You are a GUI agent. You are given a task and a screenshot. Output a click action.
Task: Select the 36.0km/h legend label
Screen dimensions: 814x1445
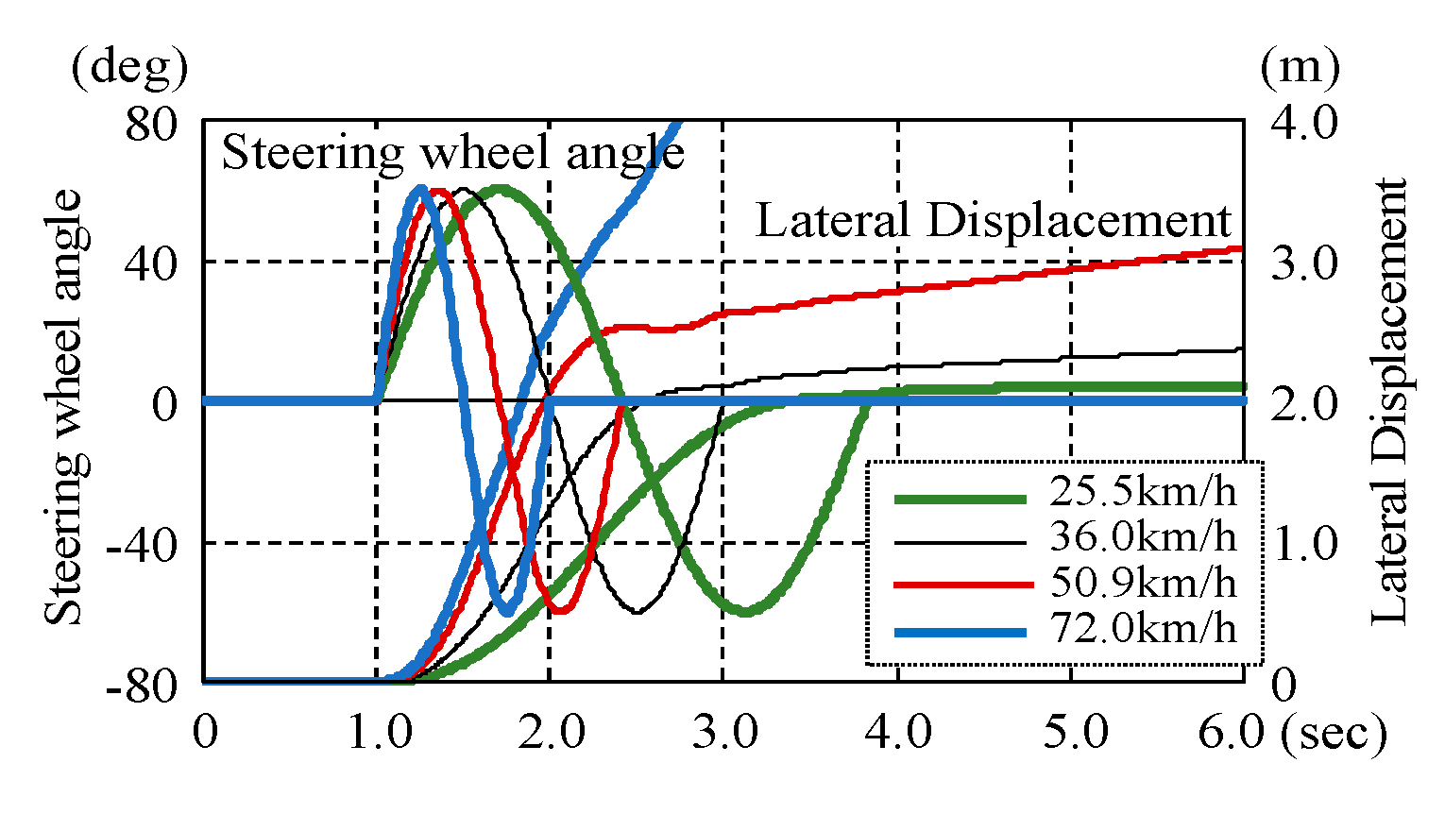pyautogui.click(x=1143, y=536)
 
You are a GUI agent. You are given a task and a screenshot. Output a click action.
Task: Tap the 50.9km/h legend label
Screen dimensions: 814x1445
pyautogui.click(x=1143, y=583)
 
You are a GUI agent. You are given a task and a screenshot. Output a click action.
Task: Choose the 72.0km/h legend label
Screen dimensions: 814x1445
pyautogui.click(x=1143, y=627)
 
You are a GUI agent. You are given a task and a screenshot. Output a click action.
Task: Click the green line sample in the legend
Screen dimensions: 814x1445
pyautogui.click(x=960, y=499)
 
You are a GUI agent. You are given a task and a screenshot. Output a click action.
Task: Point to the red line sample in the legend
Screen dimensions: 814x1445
pyautogui.click(x=960, y=585)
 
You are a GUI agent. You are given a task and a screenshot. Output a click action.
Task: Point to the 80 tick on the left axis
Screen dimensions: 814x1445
pyautogui.click(x=152, y=123)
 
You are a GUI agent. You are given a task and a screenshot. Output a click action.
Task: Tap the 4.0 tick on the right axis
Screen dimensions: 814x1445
pyautogui.click(x=1303, y=123)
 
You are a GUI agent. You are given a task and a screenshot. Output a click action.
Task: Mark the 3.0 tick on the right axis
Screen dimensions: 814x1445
pyautogui.click(x=1303, y=263)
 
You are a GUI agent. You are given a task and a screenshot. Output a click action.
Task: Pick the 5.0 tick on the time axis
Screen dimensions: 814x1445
pyautogui.click(x=1071, y=732)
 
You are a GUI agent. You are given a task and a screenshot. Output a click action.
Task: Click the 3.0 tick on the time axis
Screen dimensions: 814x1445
pyautogui.click(x=723, y=732)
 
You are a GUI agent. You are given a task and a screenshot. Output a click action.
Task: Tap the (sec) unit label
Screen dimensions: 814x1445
pyautogui.click(x=1334, y=732)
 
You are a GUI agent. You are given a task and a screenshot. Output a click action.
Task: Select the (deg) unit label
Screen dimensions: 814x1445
pyautogui.click(x=129, y=68)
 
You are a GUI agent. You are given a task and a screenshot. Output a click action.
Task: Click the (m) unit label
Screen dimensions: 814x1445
pyautogui.click(x=1300, y=68)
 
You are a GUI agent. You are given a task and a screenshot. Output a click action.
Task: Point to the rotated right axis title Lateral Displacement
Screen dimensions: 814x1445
pyautogui.click(x=1388, y=401)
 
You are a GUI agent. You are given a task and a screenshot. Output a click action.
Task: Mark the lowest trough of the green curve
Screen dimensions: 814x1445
pyautogui.click(x=746, y=612)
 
